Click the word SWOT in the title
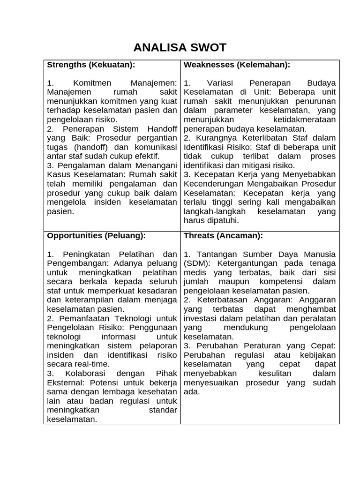(x=205, y=47)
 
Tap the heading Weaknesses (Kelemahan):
(x=237, y=64)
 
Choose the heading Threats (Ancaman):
(x=223, y=235)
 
